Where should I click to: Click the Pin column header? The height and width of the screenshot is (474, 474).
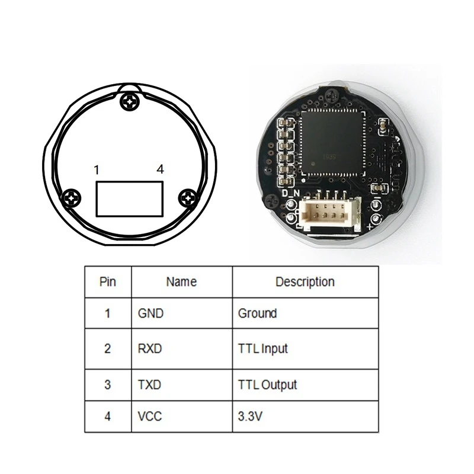click(x=107, y=282)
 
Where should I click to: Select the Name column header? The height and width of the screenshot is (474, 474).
click(x=181, y=282)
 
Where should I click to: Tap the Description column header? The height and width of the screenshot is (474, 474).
click(x=305, y=282)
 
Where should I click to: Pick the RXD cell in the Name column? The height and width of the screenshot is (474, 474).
click(x=149, y=348)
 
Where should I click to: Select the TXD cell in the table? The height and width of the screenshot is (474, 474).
click(x=149, y=385)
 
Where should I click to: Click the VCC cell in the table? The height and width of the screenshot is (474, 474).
click(x=149, y=417)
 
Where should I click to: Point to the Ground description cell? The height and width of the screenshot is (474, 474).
click(x=257, y=313)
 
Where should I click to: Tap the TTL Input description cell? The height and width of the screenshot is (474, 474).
click(x=262, y=348)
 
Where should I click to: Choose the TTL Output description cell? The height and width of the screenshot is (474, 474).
click(x=267, y=385)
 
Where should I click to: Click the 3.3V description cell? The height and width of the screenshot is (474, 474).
click(x=250, y=417)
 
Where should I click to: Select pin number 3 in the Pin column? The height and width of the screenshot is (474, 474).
click(x=107, y=385)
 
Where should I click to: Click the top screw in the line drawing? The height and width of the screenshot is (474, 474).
click(x=129, y=102)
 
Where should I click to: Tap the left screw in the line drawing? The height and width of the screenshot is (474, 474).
click(x=72, y=197)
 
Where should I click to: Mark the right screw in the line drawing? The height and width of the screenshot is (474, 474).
click(x=188, y=197)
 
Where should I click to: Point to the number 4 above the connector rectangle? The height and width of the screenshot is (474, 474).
click(x=160, y=169)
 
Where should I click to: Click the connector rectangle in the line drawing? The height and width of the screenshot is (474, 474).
click(x=129, y=198)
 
